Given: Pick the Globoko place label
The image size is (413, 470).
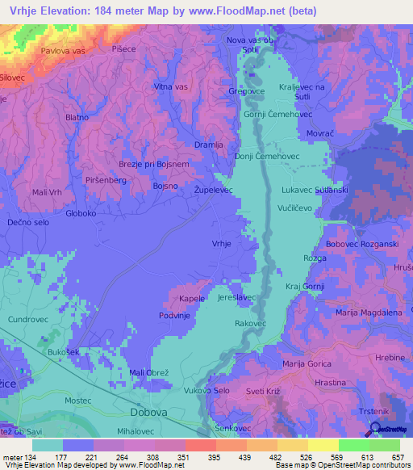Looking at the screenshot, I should pos(81,214).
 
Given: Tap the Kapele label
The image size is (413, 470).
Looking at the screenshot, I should pos(192,299).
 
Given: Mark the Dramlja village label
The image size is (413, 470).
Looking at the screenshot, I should pos(208,144).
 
